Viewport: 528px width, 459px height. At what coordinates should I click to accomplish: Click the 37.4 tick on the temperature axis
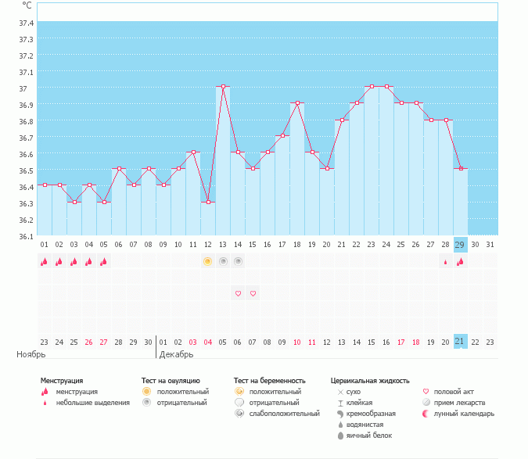[26, 23]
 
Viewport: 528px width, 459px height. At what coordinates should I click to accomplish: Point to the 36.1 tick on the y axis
[26, 236]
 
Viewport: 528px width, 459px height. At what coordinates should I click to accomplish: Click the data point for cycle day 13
[223, 87]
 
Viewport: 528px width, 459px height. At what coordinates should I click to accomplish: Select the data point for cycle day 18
[297, 103]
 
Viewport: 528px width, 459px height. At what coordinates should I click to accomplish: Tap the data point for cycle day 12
[208, 202]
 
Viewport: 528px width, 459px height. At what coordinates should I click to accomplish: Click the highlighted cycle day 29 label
[460, 245]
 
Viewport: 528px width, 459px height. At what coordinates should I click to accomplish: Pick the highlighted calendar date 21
[460, 342]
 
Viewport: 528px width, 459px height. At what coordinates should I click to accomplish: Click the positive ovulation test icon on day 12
[208, 261]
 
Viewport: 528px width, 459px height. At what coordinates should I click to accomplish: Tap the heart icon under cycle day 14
[238, 294]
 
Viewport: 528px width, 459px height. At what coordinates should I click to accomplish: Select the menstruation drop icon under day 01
[45, 262]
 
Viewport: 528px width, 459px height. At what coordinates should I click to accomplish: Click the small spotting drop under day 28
[445, 262]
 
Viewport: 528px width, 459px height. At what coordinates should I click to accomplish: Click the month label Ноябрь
[31, 354]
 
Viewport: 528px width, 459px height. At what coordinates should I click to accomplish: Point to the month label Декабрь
[176, 354]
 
